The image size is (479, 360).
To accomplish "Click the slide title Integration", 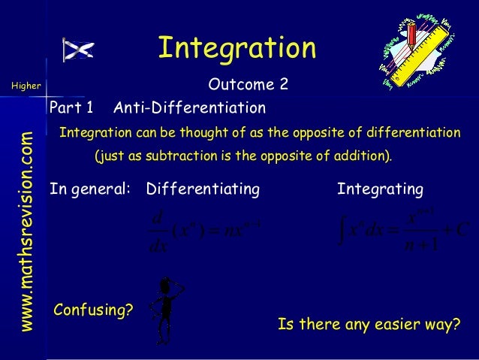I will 236,47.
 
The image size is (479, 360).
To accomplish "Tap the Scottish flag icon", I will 78,50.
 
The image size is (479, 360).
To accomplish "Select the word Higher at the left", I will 26,86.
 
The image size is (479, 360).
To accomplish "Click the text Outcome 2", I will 249,86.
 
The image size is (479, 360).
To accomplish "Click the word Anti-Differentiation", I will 188,109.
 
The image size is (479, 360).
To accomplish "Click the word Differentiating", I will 202,188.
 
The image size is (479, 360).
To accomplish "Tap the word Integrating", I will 380,188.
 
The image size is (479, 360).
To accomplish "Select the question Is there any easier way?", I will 368,325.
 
